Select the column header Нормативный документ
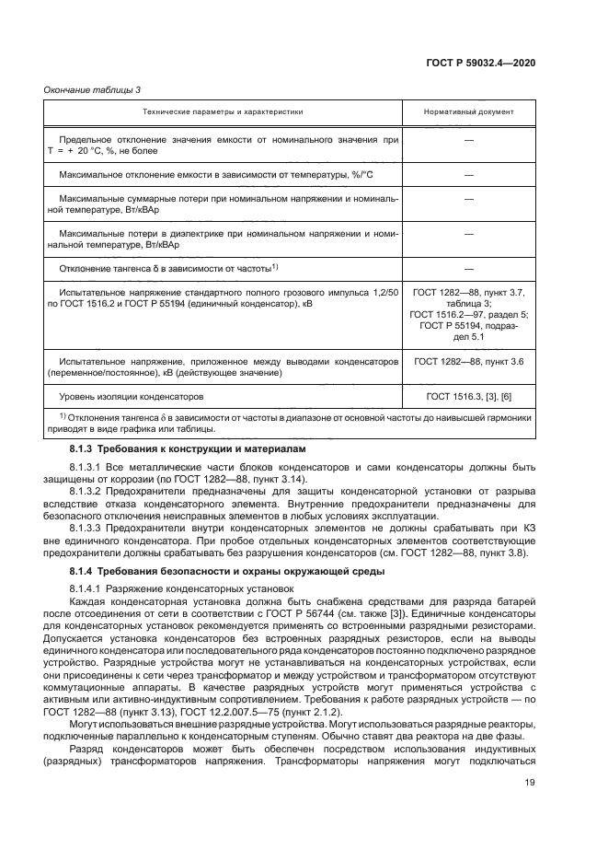(x=468, y=111)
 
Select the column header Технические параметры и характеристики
(x=223, y=111)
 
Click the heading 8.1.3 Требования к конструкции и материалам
(x=184, y=447)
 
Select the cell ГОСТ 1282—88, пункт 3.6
(x=468, y=362)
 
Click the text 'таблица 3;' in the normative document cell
(x=468, y=302)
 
